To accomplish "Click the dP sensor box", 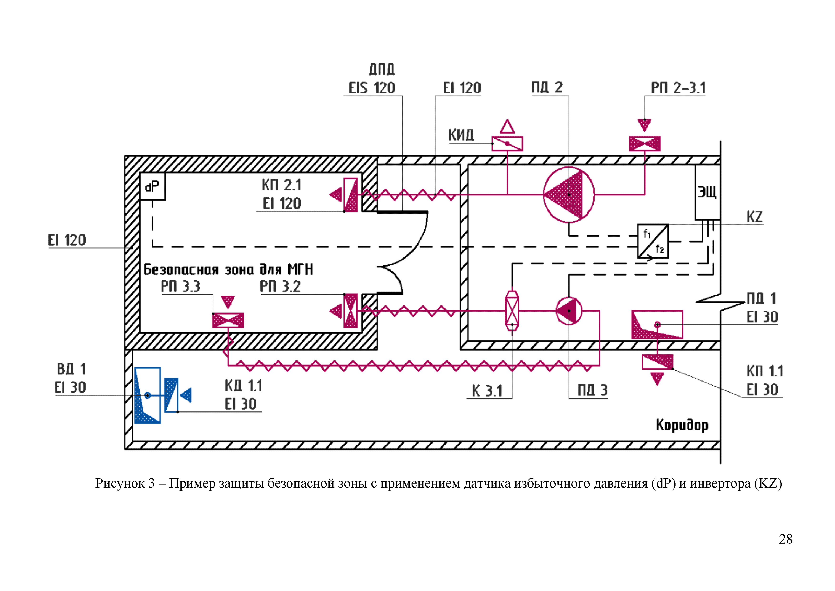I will [x=152, y=187].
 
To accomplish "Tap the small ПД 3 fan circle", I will [x=569, y=311].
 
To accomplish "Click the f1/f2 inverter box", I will [x=653, y=241].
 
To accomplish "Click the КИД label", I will [x=461, y=135].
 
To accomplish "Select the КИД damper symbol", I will [x=507, y=143].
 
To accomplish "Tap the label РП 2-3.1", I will [x=678, y=88].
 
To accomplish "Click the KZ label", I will [x=754, y=217].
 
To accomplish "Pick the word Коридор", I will [x=682, y=425].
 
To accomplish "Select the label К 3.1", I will [x=487, y=391].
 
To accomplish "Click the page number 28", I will [x=785, y=539].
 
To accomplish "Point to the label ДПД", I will [x=382, y=69].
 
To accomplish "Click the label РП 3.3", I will [x=180, y=286].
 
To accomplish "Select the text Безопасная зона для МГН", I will [x=228, y=270].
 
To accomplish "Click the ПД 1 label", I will [x=761, y=298].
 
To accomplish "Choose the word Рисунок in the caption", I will [x=120, y=483].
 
